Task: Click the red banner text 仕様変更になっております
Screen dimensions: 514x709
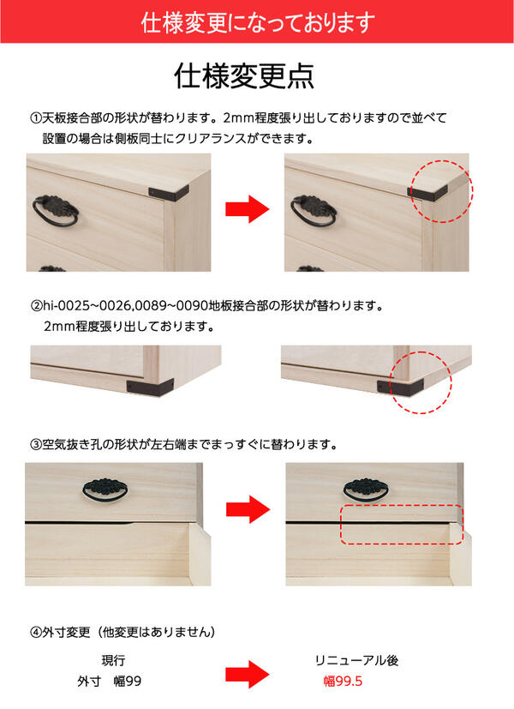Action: pos(258,22)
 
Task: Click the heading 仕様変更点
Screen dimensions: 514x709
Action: pos(244,75)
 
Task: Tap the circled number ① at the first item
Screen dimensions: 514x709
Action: pos(36,118)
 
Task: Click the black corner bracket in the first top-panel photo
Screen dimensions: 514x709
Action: pos(169,193)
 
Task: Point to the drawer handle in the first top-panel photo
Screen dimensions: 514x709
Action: pos(55,210)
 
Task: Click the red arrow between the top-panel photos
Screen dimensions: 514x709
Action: pos(248,209)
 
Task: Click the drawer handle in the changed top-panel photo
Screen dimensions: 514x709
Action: pos(313,210)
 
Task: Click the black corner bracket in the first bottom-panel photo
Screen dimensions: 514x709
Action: pos(150,387)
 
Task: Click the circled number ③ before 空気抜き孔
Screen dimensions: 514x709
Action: pos(36,445)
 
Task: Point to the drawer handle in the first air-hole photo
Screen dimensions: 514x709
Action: pos(105,490)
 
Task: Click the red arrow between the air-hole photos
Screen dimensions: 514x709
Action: pos(248,509)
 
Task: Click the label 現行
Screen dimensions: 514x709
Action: pos(113,661)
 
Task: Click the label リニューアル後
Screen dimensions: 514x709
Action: pos(357,661)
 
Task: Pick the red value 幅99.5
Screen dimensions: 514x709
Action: pos(343,682)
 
